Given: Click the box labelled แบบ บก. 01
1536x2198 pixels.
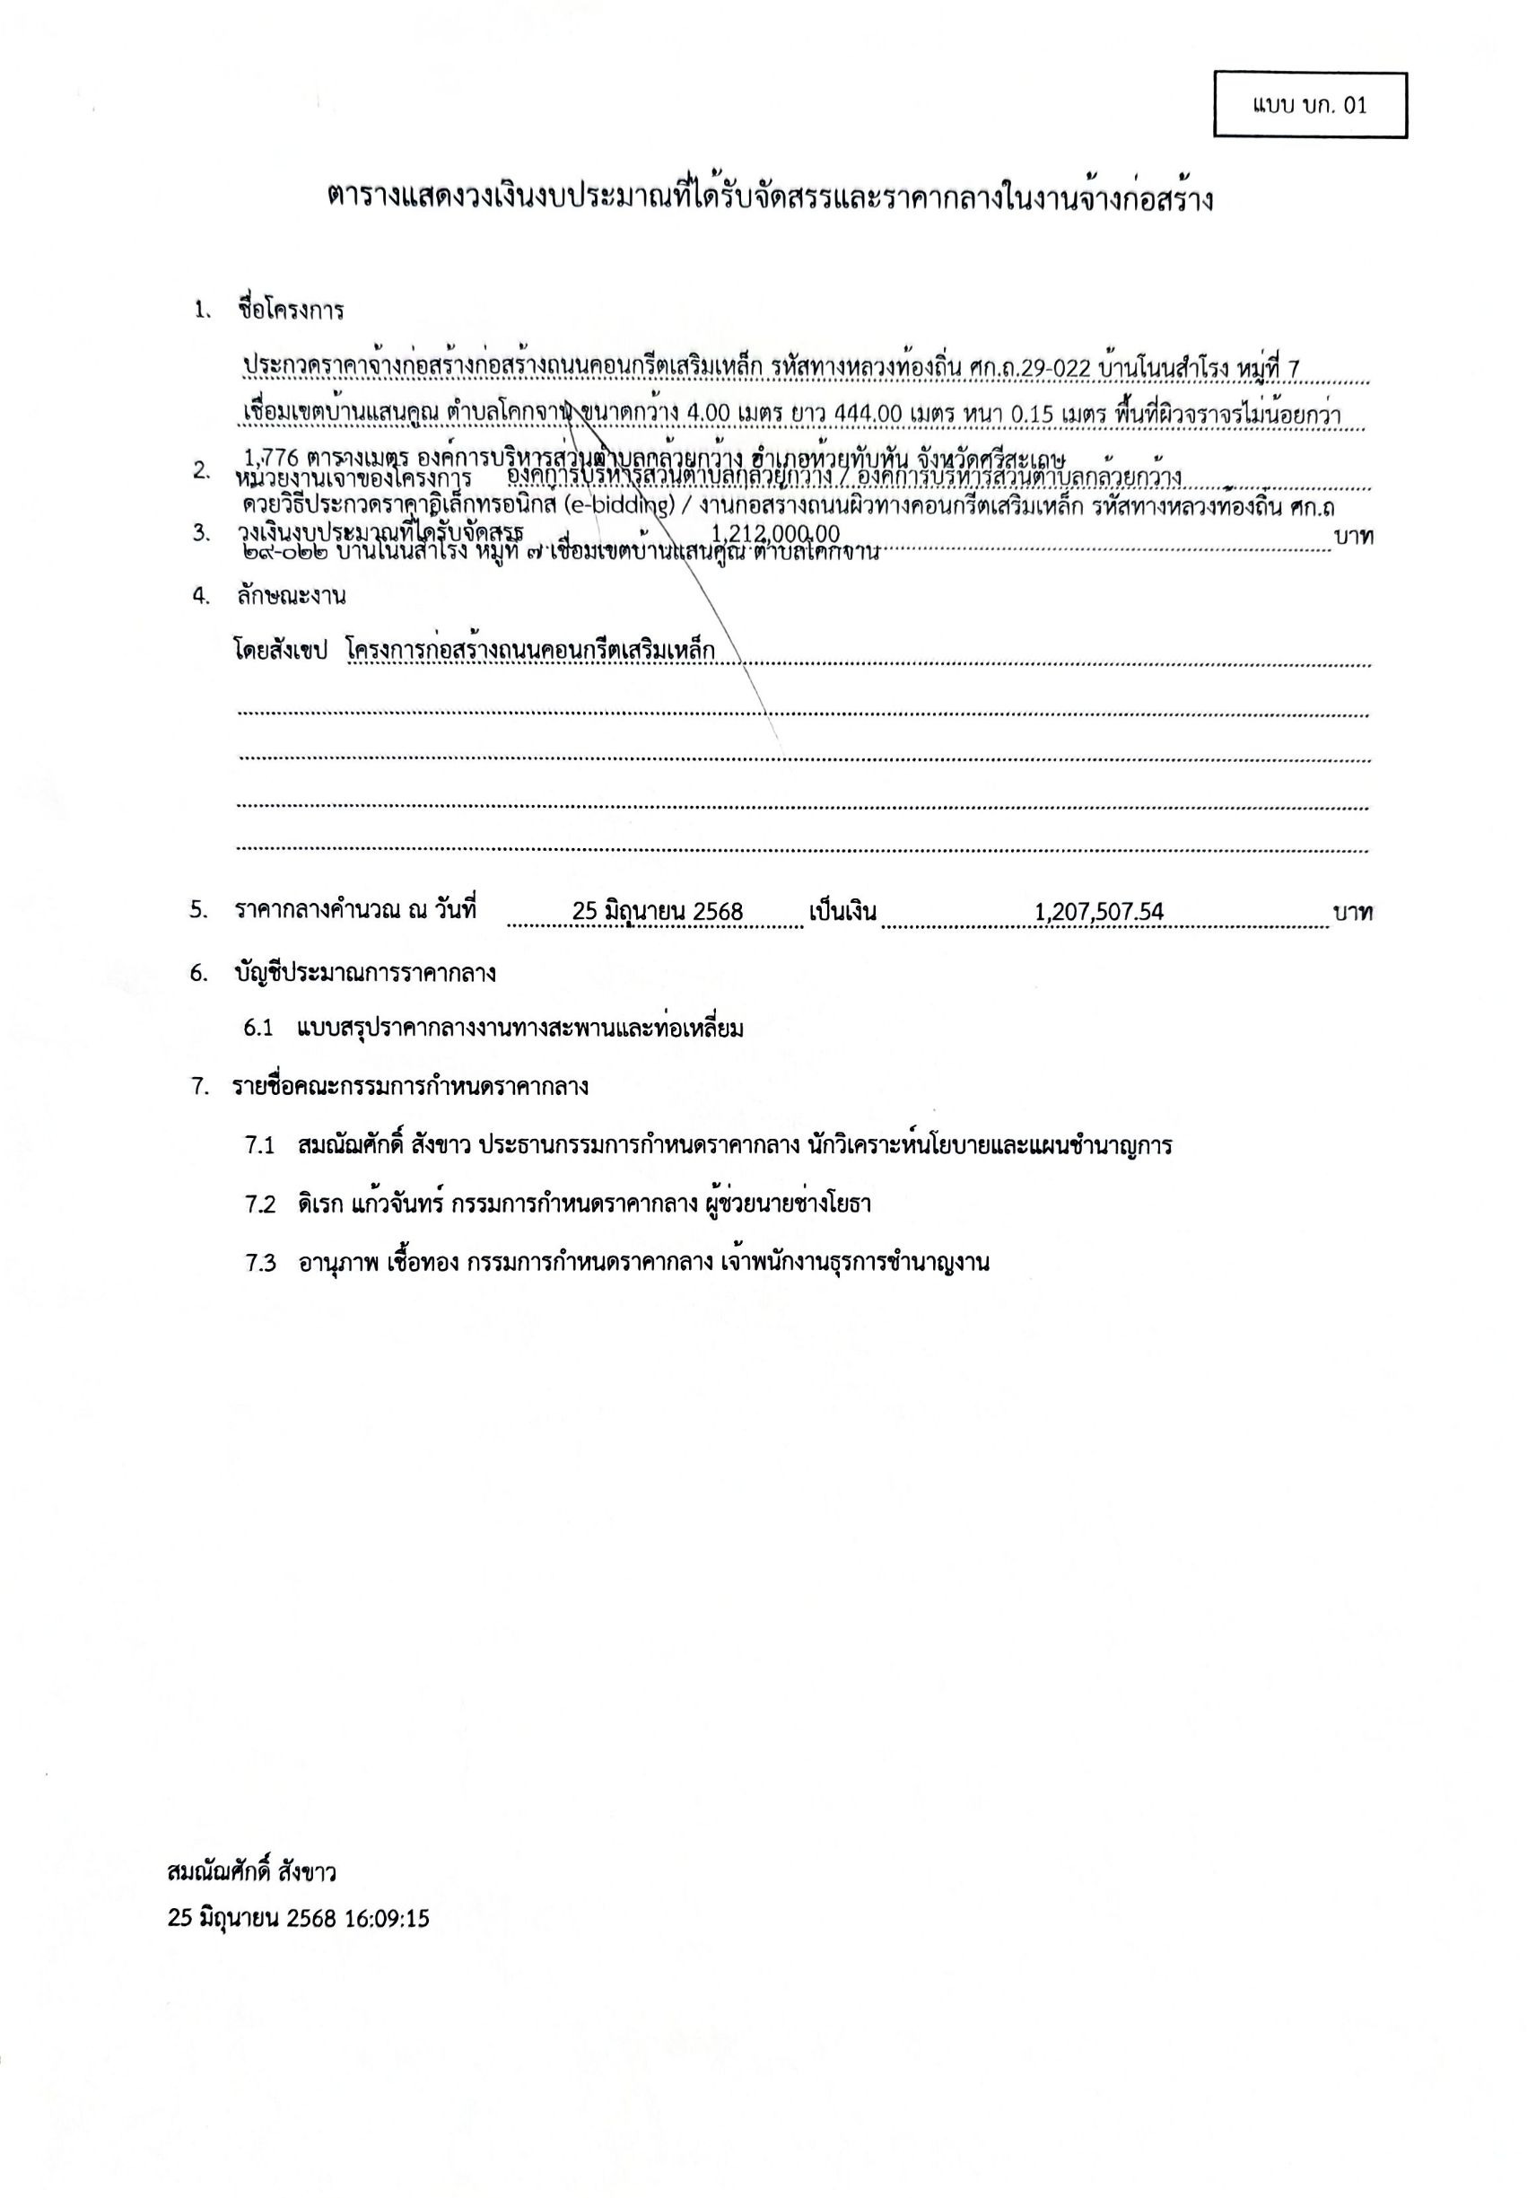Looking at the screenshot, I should point(1309,105).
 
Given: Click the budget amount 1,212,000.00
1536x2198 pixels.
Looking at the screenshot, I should point(776,533).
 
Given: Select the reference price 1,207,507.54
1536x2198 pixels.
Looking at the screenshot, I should point(1099,911).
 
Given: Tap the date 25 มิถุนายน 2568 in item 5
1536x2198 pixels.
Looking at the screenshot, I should point(657,911).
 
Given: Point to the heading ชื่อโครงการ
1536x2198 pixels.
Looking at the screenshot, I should point(290,311).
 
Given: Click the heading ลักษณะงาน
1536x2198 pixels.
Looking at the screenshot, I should point(291,595).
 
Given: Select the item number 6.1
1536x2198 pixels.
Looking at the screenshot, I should point(258,1029).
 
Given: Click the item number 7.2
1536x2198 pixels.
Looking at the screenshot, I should point(259,1204).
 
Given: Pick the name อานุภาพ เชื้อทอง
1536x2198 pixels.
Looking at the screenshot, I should point(381,1262).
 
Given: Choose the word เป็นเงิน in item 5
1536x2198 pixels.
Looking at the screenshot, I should point(842,910).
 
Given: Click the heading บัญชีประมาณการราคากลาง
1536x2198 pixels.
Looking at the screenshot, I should point(364,974).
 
